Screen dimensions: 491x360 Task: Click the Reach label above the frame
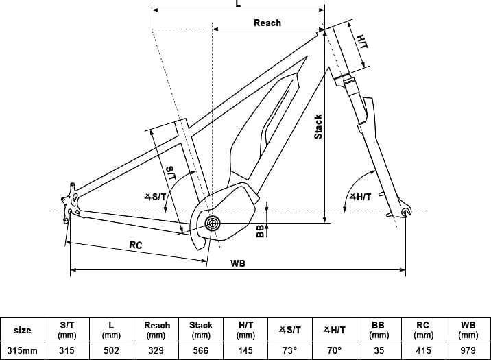[x=267, y=23]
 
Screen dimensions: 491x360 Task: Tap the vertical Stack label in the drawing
[x=318, y=127]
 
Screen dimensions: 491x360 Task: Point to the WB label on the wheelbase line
[x=238, y=263]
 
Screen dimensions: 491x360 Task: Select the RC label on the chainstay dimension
[x=136, y=245]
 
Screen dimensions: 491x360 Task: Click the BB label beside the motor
[x=260, y=231]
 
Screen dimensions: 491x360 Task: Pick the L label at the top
[x=238, y=3]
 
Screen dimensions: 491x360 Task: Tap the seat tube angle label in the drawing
[x=155, y=197]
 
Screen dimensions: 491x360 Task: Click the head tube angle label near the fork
[x=361, y=197]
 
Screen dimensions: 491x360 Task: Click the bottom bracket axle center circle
[x=213, y=224]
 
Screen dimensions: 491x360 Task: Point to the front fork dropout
[x=406, y=213]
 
